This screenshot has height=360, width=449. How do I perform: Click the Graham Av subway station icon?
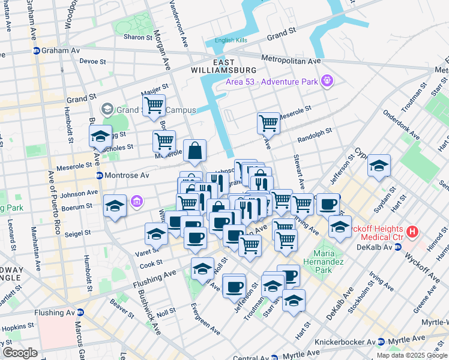(x=37, y=51)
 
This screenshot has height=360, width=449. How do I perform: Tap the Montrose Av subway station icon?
(x=100, y=175)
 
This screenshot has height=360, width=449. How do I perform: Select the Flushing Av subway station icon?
(x=81, y=313)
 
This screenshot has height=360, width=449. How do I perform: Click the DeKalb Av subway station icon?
(x=397, y=247)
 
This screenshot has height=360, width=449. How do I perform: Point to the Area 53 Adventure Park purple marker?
(x=327, y=80)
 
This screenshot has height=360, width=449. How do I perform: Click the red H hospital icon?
(x=412, y=230)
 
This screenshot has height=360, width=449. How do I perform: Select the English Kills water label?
(x=231, y=41)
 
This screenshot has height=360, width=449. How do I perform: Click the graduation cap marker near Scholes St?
(x=100, y=136)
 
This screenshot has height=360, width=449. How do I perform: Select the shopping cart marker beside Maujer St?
(x=154, y=106)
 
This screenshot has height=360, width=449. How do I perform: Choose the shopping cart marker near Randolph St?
(x=268, y=123)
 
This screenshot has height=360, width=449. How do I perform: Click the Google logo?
(x=20, y=353)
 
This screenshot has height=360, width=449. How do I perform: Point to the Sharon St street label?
(x=135, y=37)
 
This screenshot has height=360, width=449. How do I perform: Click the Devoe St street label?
(x=92, y=61)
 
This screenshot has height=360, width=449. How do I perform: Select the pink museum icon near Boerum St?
(x=137, y=200)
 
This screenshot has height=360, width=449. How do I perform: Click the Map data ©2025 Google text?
(x=411, y=355)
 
